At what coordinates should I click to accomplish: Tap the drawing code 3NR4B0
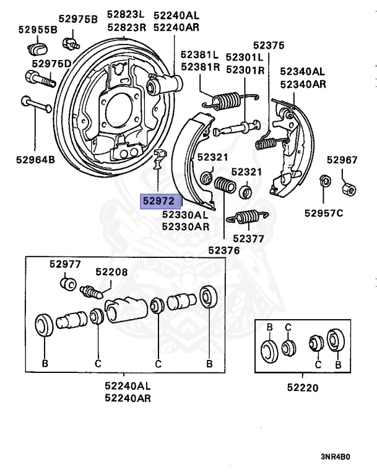[334, 458]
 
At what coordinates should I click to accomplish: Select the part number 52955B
[37, 29]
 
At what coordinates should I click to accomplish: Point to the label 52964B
[35, 160]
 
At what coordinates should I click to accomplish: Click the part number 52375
[269, 45]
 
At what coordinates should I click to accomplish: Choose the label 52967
[342, 160]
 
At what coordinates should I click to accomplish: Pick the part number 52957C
[323, 213]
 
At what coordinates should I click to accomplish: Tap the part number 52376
[223, 250]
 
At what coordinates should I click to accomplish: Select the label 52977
[65, 264]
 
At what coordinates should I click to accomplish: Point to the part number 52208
[111, 272]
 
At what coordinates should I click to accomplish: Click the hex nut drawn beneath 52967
[349, 186]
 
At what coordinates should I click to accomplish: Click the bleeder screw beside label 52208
[93, 290]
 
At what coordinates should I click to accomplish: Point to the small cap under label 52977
[67, 284]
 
